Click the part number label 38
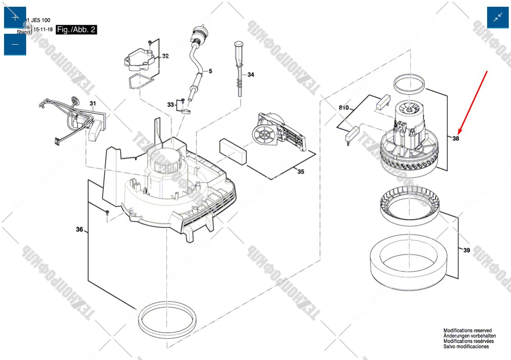[x=456, y=139]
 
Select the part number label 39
[x=466, y=250]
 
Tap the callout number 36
[x=79, y=230]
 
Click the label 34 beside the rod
[x=251, y=74]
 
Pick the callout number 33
[x=170, y=105]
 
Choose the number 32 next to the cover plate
[x=165, y=56]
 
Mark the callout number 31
[x=93, y=104]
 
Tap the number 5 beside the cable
[x=210, y=71]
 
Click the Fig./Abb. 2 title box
[x=77, y=30]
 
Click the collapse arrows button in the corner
[x=497, y=18]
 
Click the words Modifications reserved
[x=467, y=331]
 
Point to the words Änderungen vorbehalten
[x=470, y=336]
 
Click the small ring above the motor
[x=410, y=82]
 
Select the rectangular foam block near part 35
[x=233, y=151]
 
